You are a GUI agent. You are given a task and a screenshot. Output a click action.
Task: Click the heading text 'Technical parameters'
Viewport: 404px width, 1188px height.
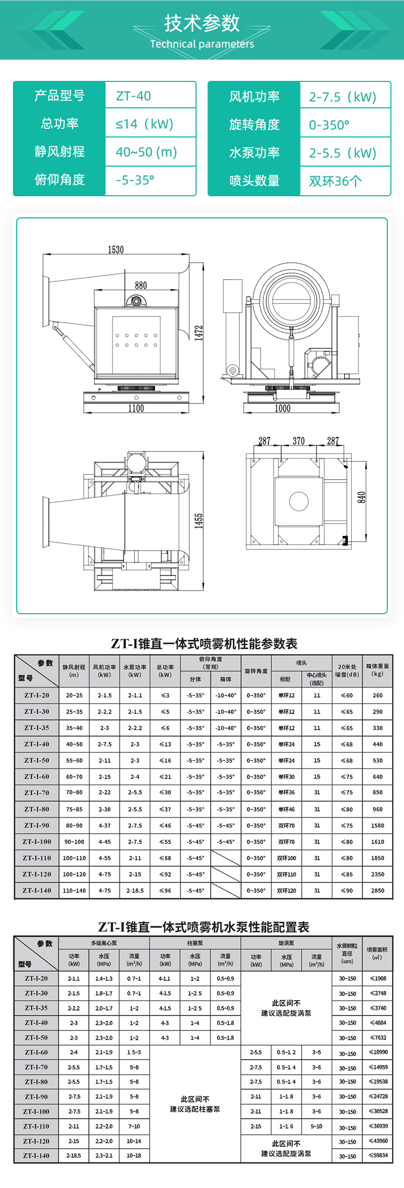tap(202, 44)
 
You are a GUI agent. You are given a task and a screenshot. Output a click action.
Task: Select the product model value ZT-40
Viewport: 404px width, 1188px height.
tap(134, 96)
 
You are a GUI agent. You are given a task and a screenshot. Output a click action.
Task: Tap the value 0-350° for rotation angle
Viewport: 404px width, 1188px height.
tap(329, 125)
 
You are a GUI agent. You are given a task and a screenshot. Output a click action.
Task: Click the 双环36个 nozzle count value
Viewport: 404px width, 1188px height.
tap(335, 181)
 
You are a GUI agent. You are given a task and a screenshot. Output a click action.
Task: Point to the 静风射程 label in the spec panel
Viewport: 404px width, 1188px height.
tap(59, 152)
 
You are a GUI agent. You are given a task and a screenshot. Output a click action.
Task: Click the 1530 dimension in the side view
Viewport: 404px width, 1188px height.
tap(116, 250)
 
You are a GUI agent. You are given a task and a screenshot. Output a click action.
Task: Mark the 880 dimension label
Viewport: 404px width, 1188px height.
tap(141, 285)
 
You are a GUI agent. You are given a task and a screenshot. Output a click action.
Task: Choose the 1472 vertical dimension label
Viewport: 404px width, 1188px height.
tap(199, 333)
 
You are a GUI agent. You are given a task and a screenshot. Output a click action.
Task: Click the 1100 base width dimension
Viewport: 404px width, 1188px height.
tap(136, 408)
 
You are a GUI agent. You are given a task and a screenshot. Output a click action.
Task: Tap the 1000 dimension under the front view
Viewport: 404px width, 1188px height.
tap(283, 408)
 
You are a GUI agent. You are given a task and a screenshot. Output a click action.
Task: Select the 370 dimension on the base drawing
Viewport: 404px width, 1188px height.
tap(298, 441)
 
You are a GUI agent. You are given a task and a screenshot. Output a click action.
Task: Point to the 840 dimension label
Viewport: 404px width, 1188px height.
tap(361, 497)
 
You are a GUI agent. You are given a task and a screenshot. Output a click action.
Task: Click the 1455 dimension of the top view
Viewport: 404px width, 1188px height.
tap(199, 521)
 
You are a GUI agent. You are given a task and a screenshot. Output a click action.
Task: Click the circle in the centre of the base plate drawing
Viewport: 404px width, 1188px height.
tap(299, 501)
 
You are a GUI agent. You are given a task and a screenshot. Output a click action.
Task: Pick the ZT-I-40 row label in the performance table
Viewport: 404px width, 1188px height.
tap(37, 744)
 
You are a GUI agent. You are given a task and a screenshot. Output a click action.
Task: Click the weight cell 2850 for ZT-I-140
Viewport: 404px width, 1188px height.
tap(378, 890)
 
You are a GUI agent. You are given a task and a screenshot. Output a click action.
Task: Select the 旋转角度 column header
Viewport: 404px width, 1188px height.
tap(256, 671)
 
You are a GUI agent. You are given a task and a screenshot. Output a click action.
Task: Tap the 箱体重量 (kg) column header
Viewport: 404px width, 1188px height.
tap(378, 670)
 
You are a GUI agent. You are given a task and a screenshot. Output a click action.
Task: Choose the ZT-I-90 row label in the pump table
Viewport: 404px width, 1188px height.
tap(37, 1096)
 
